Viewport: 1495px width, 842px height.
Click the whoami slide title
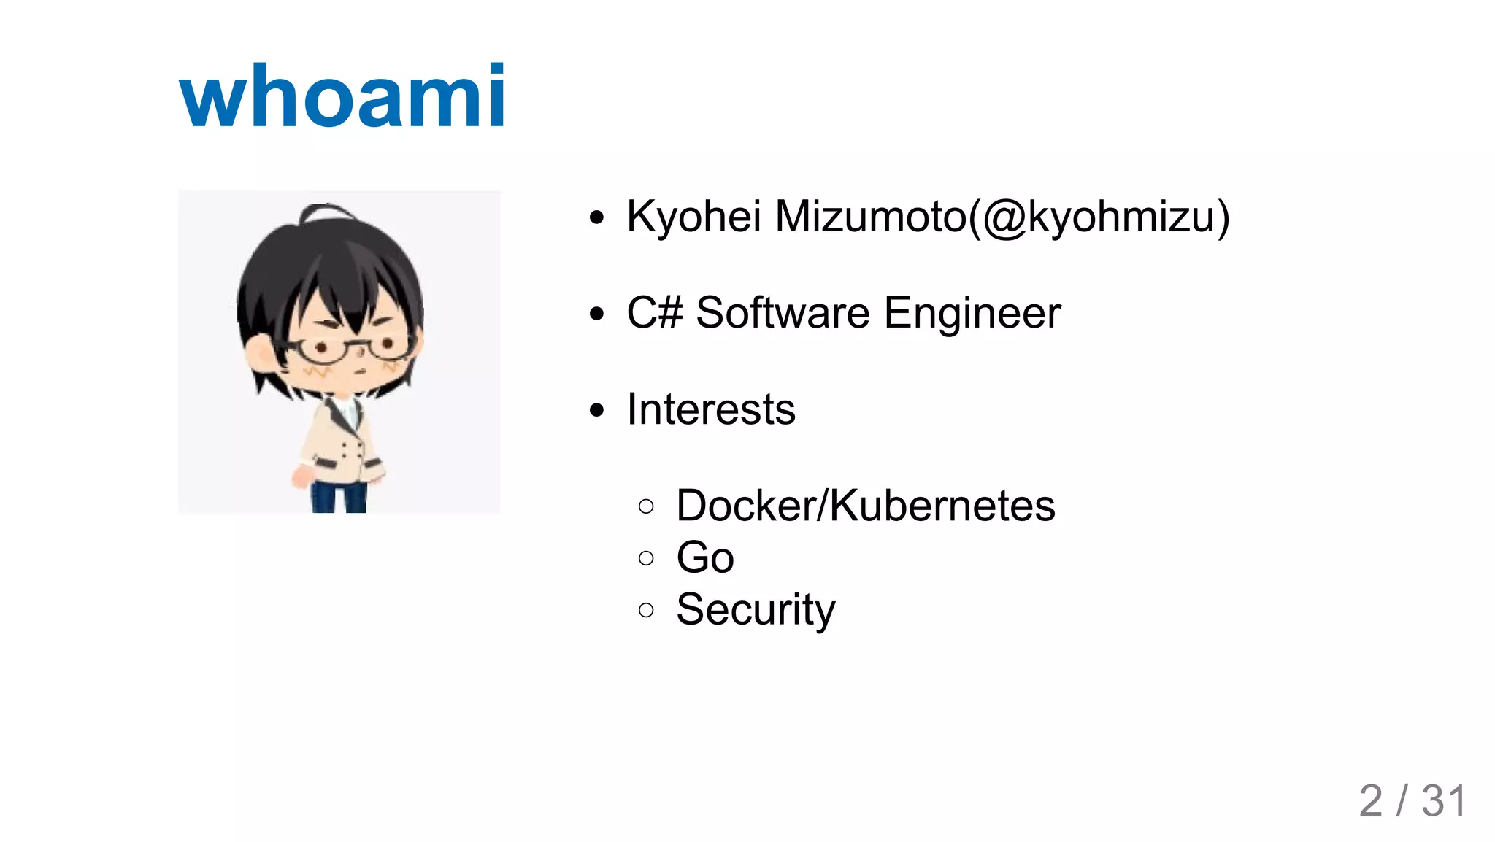[342, 96]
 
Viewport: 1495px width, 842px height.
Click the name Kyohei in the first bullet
[693, 217]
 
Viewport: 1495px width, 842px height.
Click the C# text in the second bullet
[654, 313]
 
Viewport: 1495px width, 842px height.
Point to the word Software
[783, 313]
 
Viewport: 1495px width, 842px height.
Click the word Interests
[710, 409]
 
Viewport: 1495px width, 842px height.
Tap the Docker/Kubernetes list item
[865, 506]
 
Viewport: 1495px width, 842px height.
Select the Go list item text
[704, 557]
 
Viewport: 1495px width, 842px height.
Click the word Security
[755, 609]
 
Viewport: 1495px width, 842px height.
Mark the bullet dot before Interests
[597, 410]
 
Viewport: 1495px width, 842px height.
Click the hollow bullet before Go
[645, 558]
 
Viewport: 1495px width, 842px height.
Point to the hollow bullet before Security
[645, 610]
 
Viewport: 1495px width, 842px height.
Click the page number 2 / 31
[1412, 801]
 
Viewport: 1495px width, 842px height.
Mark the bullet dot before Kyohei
[597, 217]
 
